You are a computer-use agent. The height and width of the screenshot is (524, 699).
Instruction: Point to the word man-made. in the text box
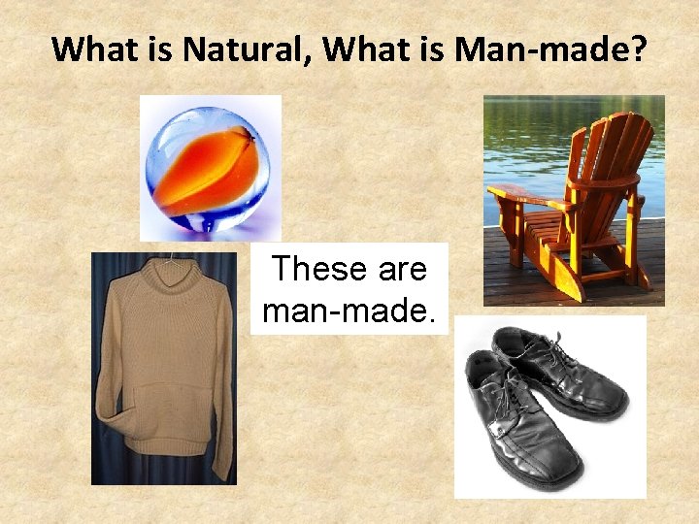pos(349,311)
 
